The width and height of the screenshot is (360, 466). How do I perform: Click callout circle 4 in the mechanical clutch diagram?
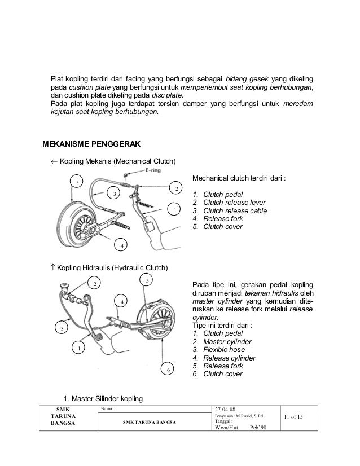[x=120, y=245]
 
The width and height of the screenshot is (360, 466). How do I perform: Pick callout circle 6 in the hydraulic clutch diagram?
[x=167, y=369]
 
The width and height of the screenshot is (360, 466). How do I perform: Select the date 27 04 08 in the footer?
[x=227, y=408]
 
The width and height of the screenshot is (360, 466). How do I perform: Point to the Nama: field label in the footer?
[x=106, y=408]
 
